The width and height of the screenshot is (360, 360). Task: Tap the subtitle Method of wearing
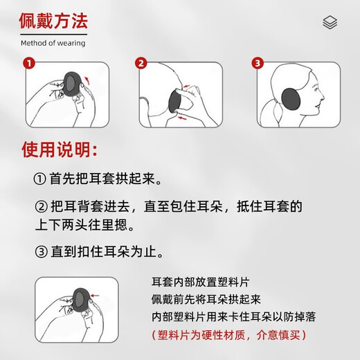tap(53, 43)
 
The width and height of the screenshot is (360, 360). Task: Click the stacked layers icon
tap(330, 23)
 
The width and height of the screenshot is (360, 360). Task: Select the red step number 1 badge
tap(28, 64)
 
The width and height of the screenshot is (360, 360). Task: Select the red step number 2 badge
tap(141, 64)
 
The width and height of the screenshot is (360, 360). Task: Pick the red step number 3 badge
tap(258, 64)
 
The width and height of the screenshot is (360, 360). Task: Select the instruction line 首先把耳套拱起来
tap(100, 178)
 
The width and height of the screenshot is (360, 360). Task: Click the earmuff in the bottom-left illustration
tap(78, 299)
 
